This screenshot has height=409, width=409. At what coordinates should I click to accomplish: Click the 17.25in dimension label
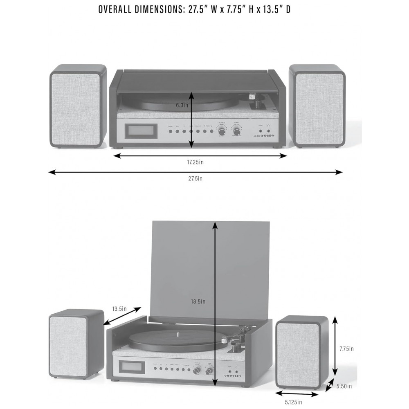[x=195, y=162]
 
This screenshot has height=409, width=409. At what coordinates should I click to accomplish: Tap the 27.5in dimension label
[x=195, y=178]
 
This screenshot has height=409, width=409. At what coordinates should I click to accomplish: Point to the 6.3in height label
[x=182, y=105]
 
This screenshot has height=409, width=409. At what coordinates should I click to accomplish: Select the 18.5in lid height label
[x=198, y=301]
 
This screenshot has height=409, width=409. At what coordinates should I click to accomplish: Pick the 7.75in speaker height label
[x=346, y=349]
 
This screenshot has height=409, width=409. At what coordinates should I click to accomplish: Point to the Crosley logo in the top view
[x=265, y=136]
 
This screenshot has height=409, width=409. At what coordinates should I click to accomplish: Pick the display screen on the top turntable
[x=140, y=131]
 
